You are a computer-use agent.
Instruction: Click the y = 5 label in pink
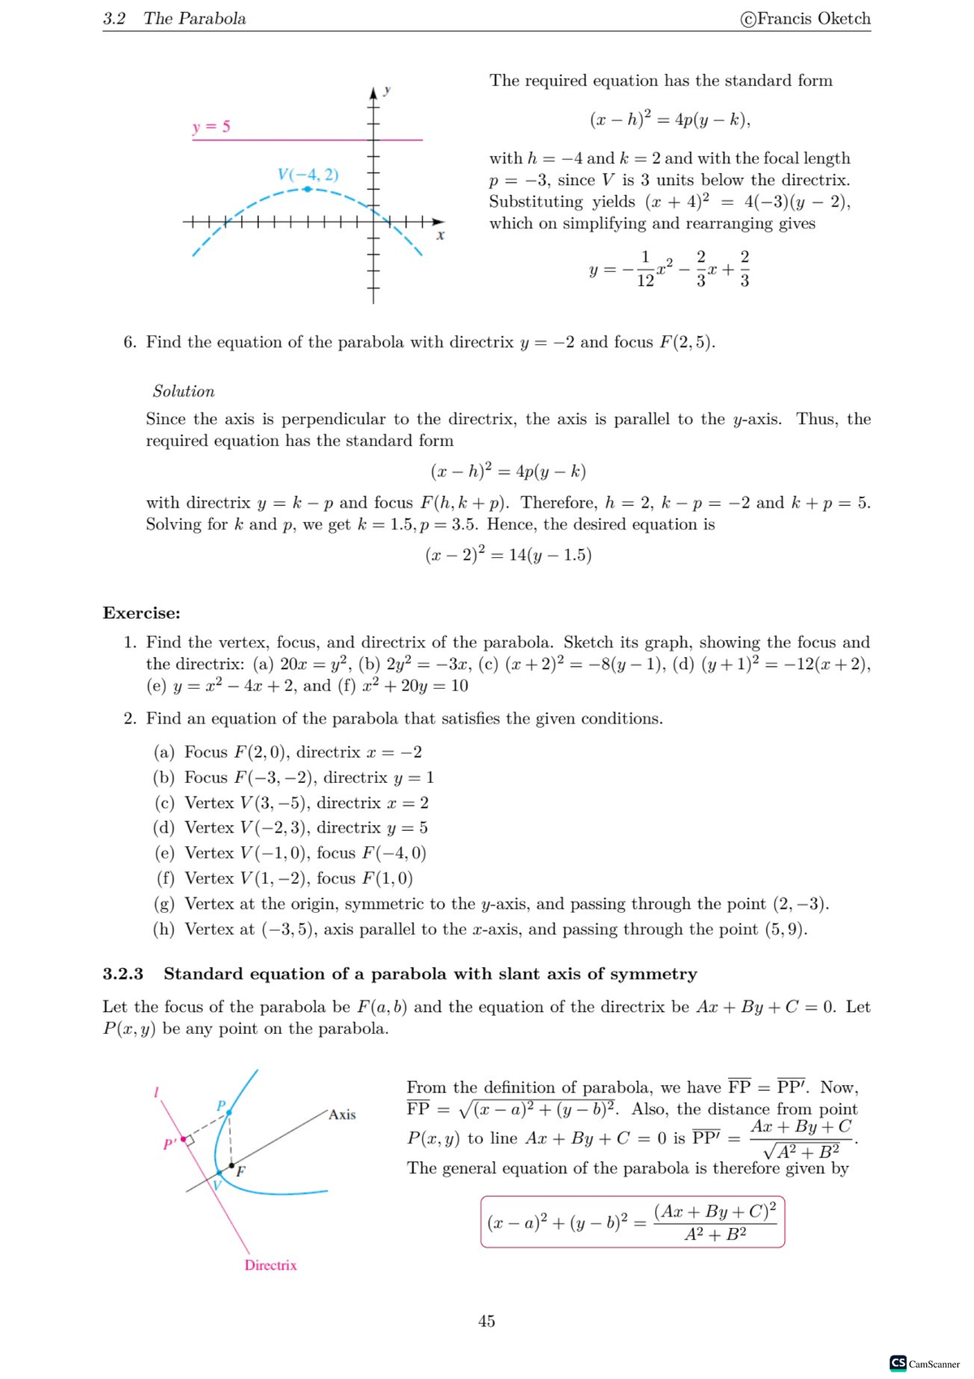click(211, 127)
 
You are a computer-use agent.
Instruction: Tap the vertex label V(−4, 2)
click(308, 175)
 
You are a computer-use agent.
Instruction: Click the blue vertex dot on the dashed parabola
click(307, 188)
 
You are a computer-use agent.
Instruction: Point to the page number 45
click(486, 1321)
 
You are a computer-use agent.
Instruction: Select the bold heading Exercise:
click(141, 613)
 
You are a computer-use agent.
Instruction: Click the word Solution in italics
click(183, 391)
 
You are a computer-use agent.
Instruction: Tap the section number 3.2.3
click(123, 974)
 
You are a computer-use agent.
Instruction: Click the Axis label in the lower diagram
click(342, 1115)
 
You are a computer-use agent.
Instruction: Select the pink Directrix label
click(270, 1265)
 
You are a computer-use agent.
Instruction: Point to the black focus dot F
click(231, 1166)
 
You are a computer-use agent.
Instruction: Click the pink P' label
click(170, 1144)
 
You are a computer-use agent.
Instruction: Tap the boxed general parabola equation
click(632, 1221)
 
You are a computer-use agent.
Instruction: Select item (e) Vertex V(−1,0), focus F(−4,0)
click(291, 853)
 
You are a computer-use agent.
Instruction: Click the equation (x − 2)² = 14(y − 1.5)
click(508, 555)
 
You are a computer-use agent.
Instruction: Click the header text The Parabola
click(195, 19)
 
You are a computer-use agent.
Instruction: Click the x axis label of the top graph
click(440, 236)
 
